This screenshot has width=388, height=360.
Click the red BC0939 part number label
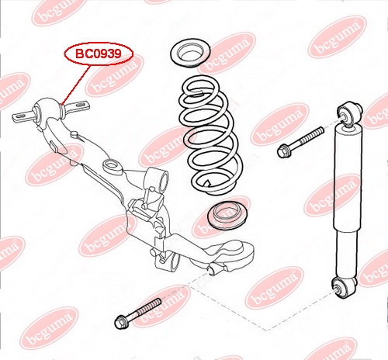pyautogui.click(x=99, y=54)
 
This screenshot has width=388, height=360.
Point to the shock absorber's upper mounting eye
pyautogui.click(x=349, y=113)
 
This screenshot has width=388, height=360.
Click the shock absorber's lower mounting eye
pyautogui.click(x=344, y=287)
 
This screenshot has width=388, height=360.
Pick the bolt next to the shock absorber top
pyautogui.click(x=300, y=142)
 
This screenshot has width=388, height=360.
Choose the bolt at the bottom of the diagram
pyautogui.click(x=137, y=313)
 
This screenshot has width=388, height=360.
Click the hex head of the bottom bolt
pyautogui.click(x=121, y=322)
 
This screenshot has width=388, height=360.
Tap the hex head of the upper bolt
pyautogui.click(x=284, y=151)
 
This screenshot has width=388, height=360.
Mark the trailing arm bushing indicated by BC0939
pyautogui.click(x=48, y=109)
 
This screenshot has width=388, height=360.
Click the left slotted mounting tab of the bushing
pyautogui.click(x=23, y=116)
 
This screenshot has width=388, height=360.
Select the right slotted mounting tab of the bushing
pyautogui.click(x=77, y=106)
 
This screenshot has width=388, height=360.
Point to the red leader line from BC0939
pyautogui.click(x=76, y=85)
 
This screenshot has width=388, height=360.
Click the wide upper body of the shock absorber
pyautogui.click(x=348, y=178)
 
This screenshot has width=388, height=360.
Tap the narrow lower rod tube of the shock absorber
pyautogui.click(x=348, y=254)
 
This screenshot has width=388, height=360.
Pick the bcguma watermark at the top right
pyautogui.click(x=337, y=36)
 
